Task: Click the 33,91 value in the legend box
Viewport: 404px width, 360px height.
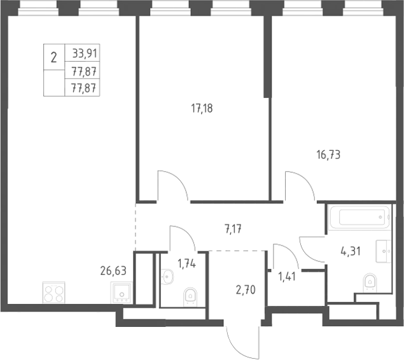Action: click(x=85, y=54)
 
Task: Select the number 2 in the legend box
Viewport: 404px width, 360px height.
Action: click(x=53, y=57)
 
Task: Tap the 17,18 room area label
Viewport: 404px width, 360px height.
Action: click(x=202, y=108)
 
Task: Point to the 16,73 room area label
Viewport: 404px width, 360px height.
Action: click(x=328, y=155)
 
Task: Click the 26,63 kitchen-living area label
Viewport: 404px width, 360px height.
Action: click(x=113, y=271)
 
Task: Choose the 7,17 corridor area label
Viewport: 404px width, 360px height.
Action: click(x=233, y=229)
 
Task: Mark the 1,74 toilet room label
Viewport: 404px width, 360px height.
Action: click(x=187, y=264)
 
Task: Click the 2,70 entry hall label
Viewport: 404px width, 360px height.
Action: click(x=246, y=290)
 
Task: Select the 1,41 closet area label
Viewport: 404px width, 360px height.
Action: click(x=287, y=277)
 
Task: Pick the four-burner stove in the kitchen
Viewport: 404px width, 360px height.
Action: click(x=54, y=293)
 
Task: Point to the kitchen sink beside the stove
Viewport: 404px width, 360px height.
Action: click(x=122, y=293)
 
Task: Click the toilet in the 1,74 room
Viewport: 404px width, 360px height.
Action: click(x=190, y=298)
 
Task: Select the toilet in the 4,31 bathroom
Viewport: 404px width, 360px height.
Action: click(x=370, y=283)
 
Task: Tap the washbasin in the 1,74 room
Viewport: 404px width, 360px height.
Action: click(x=167, y=277)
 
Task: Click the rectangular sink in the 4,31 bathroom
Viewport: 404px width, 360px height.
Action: click(x=384, y=251)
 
